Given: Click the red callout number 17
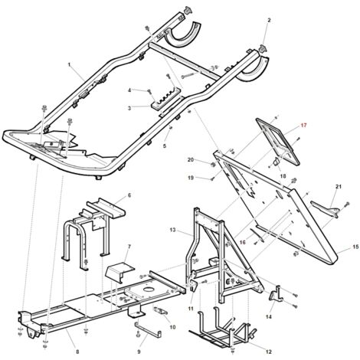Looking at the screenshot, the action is pyautogui.click(x=303, y=125).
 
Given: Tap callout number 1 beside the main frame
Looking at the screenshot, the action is pyautogui.click(x=69, y=64).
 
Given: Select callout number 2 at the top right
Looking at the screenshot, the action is pyautogui.click(x=269, y=20).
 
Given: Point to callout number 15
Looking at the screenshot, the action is pyautogui.click(x=355, y=247).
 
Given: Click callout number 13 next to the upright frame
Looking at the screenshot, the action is pyautogui.click(x=172, y=230).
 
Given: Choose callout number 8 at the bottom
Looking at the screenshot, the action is pyautogui.click(x=77, y=352).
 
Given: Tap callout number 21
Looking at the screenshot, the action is pyautogui.click(x=339, y=187).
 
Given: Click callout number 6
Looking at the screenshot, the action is pyautogui.click(x=129, y=195).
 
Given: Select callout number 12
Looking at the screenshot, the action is pyautogui.click(x=269, y=352).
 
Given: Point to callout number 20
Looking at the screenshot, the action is pyautogui.click(x=191, y=160).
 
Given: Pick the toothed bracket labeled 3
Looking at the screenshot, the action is pyautogui.click(x=165, y=99).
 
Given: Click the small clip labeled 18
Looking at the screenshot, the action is pyautogui.click(x=277, y=162).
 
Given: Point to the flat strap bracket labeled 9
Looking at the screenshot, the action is pyautogui.click(x=148, y=329).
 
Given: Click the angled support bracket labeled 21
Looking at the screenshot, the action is pyautogui.click(x=325, y=208).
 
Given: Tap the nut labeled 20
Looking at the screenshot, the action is pyautogui.click(x=212, y=164).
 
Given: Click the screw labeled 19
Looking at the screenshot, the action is pyautogui.click(x=212, y=179).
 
